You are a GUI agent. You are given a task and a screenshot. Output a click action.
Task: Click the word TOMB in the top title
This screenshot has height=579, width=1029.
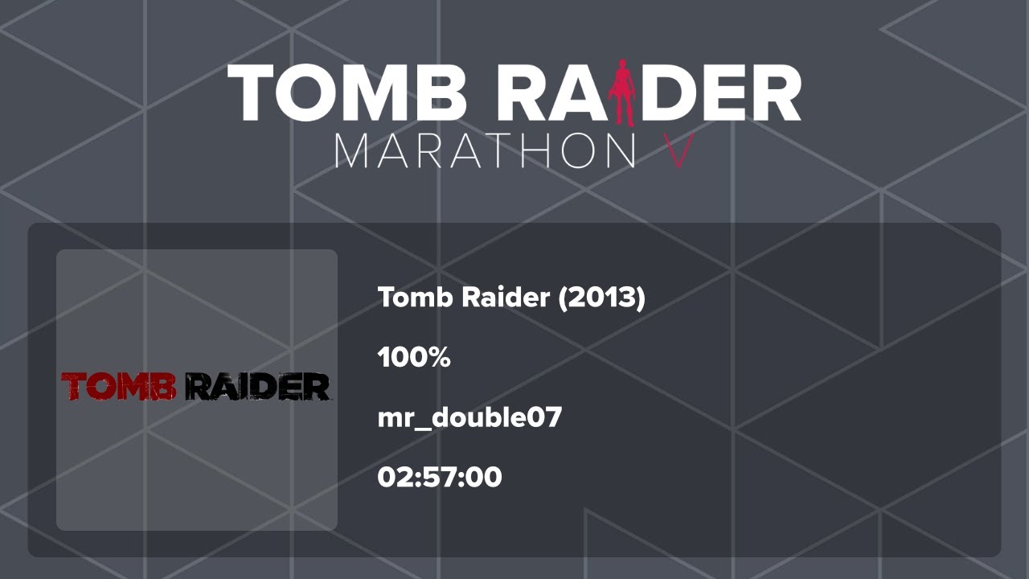pos(347,92)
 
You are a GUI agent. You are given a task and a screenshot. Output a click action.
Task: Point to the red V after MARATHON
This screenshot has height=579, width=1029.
pos(680,150)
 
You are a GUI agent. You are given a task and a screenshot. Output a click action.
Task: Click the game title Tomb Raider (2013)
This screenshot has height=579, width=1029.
pos(511,298)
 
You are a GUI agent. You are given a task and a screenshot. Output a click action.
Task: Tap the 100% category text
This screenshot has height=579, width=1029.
pos(414,357)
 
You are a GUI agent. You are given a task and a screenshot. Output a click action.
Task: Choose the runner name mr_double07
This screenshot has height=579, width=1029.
pos(469,417)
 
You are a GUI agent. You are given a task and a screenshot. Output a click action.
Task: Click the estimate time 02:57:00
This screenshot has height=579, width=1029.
pos(440,477)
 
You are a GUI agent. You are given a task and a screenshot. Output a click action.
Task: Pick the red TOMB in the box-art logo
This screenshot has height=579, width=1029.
pos(119,387)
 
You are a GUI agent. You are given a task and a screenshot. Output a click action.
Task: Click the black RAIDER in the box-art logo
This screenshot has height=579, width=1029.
pos(257,387)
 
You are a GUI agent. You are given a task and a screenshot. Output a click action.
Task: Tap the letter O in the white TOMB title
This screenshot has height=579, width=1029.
pos(307,92)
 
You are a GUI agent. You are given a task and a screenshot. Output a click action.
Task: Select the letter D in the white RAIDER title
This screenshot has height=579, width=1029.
pos(670,92)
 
